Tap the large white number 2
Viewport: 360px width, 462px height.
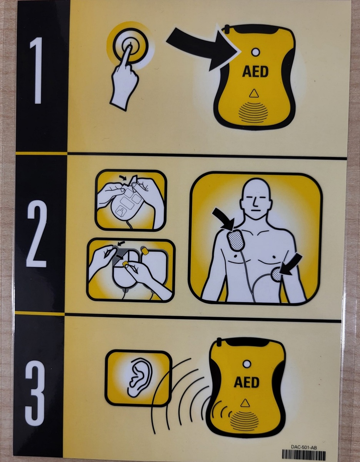pos(36,233)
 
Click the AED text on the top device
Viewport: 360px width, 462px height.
pos(255,72)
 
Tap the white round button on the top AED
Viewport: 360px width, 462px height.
pos(255,52)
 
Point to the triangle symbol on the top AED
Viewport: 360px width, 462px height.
pos(253,93)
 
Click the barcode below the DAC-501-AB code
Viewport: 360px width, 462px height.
pos(304,455)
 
